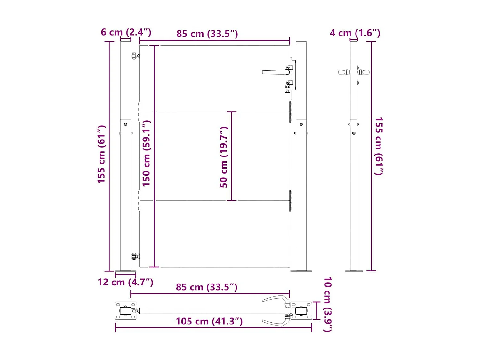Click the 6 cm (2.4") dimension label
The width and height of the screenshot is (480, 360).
[x=126, y=32]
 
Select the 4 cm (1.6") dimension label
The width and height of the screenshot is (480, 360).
[x=355, y=33]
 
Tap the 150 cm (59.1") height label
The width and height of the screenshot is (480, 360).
[x=146, y=153]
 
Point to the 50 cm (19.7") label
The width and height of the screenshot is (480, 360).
[x=224, y=157]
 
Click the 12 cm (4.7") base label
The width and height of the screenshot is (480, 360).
[x=125, y=282]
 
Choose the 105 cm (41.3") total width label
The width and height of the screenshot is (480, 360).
[x=209, y=321]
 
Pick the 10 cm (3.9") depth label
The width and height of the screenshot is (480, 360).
[x=327, y=304]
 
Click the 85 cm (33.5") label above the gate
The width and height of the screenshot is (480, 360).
[x=207, y=34]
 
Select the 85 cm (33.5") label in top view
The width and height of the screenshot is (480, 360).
[x=206, y=287]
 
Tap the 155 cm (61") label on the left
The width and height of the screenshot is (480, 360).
[x=101, y=154]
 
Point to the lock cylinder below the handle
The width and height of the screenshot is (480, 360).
[x=287, y=88]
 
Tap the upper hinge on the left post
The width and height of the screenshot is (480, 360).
[x=135, y=56]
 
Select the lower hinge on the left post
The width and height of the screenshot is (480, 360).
[x=135, y=256]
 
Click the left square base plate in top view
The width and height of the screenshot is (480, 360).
[x=125, y=311]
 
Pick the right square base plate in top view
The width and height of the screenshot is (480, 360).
[x=301, y=311]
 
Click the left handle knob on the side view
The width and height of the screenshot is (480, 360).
[x=344, y=72]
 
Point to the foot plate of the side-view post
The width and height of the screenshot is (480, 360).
[x=354, y=271]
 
